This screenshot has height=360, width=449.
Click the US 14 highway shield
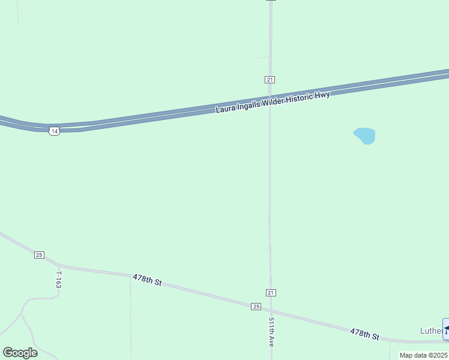[x=55, y=131]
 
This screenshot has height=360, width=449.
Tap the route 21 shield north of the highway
[x=270, y=80]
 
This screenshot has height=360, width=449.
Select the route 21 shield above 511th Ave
[x=271, y=293]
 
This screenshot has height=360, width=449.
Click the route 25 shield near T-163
[x=39, y=255]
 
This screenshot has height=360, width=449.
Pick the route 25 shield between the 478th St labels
[x=256, y=307]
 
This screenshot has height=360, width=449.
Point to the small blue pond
[x=365, y=136]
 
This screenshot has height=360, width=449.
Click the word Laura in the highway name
[x=226, y=109]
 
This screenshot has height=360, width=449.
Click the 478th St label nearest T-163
[x=147, y=280]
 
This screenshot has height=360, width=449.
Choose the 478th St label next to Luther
[x=365, y=334]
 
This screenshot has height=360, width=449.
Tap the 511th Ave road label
[x=271, y=332]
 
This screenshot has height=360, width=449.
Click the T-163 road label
[x=59, y=280]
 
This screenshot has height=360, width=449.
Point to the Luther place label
[x=430, y=331]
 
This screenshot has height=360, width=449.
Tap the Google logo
[x=20, y=353]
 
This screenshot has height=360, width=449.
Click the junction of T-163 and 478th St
[x=59, y=265]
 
